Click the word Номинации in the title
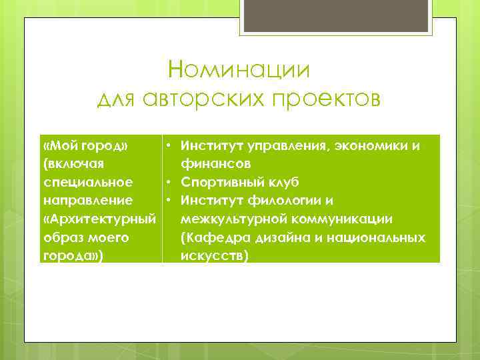click(239, 69)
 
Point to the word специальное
click(87, 182)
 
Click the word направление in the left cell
click(87, 200)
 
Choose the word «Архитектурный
click(99, 219)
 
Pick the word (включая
click(73, 163)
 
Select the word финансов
click(215, 163)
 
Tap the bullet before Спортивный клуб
click(171, 182)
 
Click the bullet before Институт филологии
click(171, 200)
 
